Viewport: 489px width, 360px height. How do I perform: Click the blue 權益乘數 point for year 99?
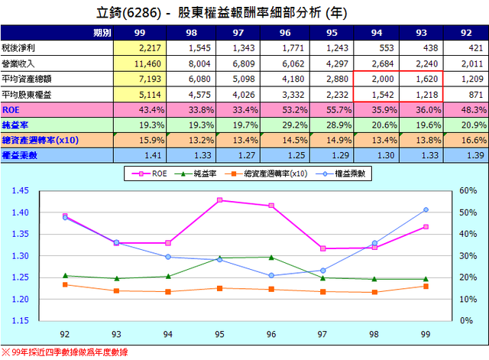(x=426, y=209)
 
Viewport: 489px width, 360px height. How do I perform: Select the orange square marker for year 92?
(x=65, y=284)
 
